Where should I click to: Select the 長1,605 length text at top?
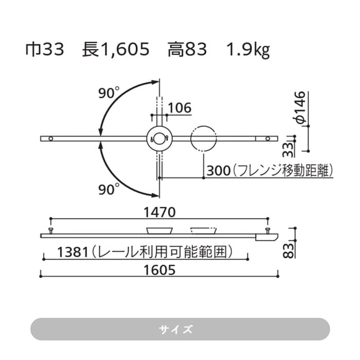pos(116,50)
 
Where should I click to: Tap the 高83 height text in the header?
pos(187,50)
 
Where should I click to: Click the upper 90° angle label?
pos(109,93)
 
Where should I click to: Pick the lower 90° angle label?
pos(109,189)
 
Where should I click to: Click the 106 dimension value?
pos(179,108)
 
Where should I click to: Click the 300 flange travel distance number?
pos(215,170)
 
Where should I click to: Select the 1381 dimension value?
pos(72,252)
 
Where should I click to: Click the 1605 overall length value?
pos(159,269)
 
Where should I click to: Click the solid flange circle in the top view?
pos(159,138)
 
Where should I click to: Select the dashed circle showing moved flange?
pos(204,138)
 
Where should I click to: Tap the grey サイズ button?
pos(180,329)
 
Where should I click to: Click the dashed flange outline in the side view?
pos(204,230)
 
